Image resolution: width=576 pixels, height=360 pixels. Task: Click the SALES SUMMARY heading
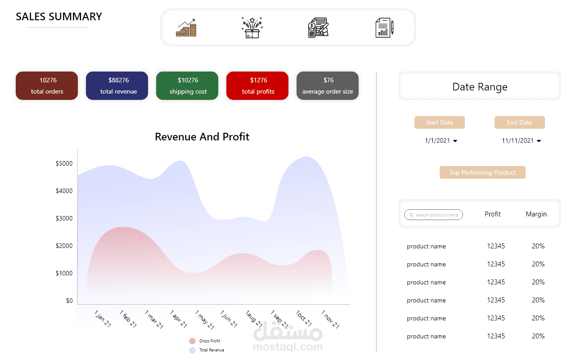59,17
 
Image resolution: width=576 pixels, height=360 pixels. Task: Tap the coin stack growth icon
186,28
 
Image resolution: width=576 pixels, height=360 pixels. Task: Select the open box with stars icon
252,28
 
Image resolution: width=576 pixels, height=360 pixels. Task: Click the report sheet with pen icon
384,28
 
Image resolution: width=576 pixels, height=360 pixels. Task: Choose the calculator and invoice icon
318,28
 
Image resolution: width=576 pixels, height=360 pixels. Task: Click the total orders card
47,85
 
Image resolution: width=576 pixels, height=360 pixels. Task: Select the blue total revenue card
117,85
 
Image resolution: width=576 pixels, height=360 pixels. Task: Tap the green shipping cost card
187,85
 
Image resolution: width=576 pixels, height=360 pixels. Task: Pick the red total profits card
257,85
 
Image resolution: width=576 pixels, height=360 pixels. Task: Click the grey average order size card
328,85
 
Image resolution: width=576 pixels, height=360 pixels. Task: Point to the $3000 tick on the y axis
64,218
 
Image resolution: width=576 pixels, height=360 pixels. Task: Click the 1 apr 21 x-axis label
178,319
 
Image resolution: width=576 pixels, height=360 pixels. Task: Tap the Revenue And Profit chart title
202,137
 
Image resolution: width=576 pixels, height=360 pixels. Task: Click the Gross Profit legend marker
193,341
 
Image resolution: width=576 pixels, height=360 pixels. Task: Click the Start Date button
440,122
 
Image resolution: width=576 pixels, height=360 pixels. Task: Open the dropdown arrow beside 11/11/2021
539,141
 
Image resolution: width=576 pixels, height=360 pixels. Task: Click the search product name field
434,215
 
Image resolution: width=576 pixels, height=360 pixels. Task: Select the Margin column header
536,214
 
